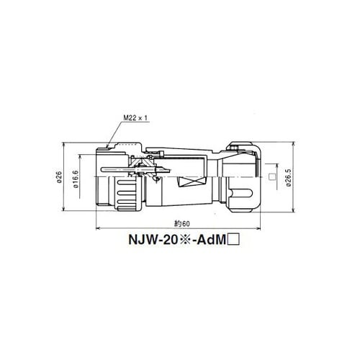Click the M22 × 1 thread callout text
tap(135, 118)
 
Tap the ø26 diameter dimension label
tap(59, 177)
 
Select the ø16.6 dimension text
tap(76, 179)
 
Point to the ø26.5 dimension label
tap(289, 178)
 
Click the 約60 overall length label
tap(182, 224)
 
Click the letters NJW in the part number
tap(140, 240)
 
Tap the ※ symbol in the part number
tap(185, 240)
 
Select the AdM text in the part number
tap(212, 240)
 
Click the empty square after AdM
tap(233, 240)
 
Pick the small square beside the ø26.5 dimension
tap(272, 177)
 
